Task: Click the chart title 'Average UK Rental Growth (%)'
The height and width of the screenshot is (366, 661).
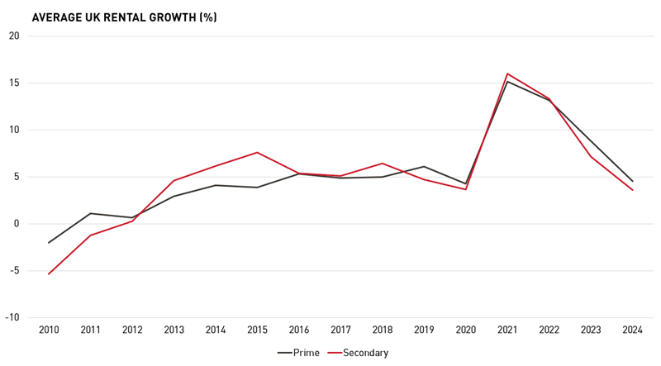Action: coord(124,17)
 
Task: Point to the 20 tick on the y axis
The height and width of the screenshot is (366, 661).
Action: coord(13,36)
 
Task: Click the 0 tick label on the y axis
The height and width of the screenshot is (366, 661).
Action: coord(16,224)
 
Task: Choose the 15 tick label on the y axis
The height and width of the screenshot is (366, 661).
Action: coord(13,83)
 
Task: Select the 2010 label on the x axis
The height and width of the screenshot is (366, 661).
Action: coord(49,330)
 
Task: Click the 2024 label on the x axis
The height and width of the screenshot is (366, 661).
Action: coord(633,330)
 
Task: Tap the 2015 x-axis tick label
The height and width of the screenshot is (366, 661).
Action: coord(257,330)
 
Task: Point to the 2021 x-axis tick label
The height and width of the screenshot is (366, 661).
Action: coord(507,330)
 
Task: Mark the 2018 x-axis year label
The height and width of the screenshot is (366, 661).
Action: coord(383,330)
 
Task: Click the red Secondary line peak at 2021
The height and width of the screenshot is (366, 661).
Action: coord(507,74)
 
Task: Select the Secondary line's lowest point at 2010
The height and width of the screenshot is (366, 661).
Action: coord(49,273)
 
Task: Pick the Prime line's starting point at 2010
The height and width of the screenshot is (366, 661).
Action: coord(49,243)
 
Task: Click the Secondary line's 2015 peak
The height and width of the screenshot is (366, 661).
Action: coord(257,152)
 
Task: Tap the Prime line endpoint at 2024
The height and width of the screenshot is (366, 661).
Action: coord(633,181)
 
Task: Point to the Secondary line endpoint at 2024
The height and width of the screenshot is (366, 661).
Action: coord(633,190)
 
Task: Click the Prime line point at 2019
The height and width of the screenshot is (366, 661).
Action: coord(424,167)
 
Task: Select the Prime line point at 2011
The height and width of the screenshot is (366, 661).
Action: coord(90,213)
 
